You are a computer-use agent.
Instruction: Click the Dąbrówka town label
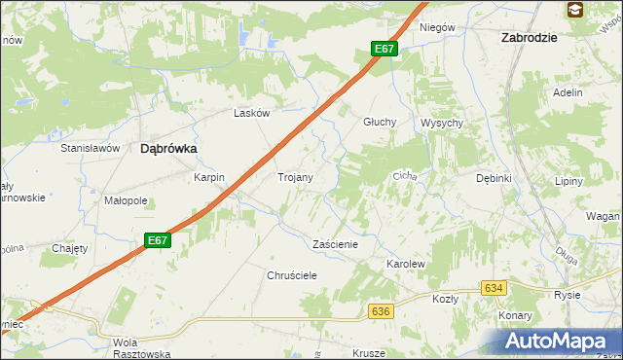pyautogui.click(x=168, y=149)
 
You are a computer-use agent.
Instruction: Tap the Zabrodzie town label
pyautogui.click(x=529, y=37)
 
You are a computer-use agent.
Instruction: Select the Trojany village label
pyautogui.click(x=295, y=178)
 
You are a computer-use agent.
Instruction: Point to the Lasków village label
pyautogui.click(x=251, y=113)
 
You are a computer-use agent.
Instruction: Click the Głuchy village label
pyautogui.click(x=379, y=123)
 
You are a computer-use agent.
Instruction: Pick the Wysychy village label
pyautogui.click(x=442, y=123)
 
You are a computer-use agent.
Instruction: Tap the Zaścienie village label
pyautogui.click(x=335, y=244)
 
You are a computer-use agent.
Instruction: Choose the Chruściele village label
pyautogui.click(x=292, y=275)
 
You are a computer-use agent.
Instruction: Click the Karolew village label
pyautogui.click(x=407, y=264)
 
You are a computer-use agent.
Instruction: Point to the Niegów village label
pyautogui.click(x=437, y=27)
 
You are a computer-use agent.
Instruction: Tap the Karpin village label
pyautogui.click(x=209, y=178)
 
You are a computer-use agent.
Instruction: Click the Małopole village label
pyautogui.click(x=126, y=201)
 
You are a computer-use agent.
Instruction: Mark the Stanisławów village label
pyautogui.click(x=90, y=148)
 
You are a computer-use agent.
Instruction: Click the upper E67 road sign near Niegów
pyautogui.click(x=385, y=49)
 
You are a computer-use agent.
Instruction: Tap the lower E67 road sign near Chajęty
pyautogui.click(x=158, y=240)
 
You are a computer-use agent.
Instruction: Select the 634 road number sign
pyautogui.click(x=495, y=288)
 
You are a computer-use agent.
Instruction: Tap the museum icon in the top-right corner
pyautogui.click(x=575, y=11)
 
